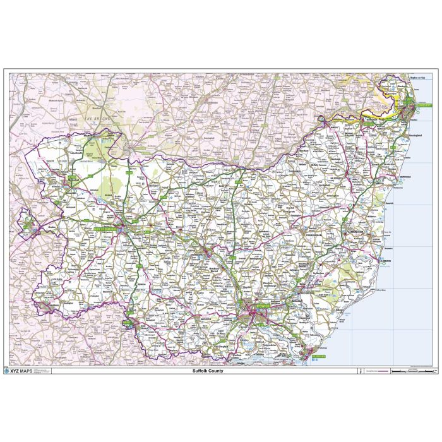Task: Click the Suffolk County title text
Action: pyautogui.click(x=208, y=371)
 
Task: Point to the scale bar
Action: pyautogui.click(x=414, y=371)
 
